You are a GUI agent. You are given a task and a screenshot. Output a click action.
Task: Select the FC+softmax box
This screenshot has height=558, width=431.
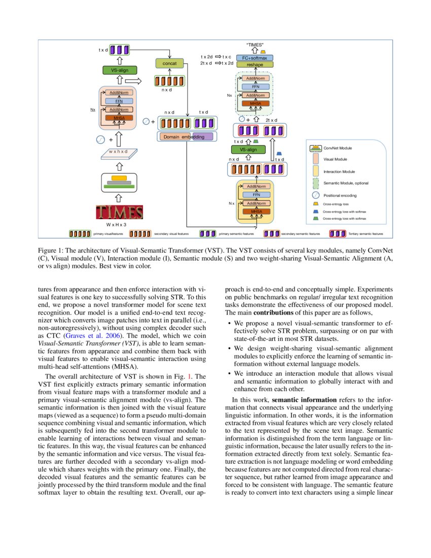click(255, 58)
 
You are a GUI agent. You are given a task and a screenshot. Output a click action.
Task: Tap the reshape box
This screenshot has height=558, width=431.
click(255, 64)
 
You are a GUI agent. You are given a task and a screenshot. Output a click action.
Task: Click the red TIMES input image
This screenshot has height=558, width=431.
click(119, 212)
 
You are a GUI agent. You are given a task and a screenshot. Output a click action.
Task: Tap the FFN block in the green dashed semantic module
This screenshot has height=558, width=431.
click(256, 87)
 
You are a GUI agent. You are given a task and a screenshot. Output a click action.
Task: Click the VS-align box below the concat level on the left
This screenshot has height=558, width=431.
click(117, 70)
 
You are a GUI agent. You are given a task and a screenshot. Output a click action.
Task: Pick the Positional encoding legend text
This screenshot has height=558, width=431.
click(340, 195)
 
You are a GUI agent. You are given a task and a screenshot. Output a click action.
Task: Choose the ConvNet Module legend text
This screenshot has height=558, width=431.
click(337, 148)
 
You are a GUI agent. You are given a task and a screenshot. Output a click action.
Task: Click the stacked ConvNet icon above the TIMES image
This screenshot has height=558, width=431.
click(119, 182)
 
